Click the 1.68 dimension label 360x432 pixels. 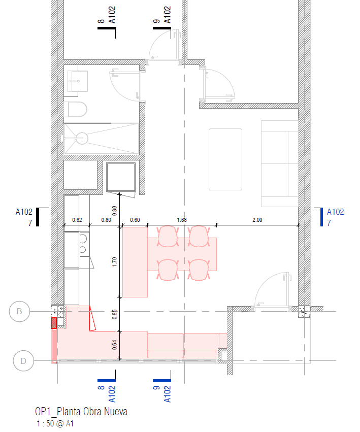[x=182, y=220]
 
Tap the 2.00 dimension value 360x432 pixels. [x=257, y=220]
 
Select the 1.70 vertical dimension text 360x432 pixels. [x=114, y=262]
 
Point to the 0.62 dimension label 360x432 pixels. [x=77, y=220]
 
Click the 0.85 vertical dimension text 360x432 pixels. [x=114, y=314]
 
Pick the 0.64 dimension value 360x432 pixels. [x=114, y=345]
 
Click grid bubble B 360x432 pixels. [x=19, y=311]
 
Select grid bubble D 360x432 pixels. [x=23, y=360]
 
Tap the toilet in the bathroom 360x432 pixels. [x=76, y=109]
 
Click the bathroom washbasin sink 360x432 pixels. [x=78, y=81]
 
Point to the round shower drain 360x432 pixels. [x=82, y=138]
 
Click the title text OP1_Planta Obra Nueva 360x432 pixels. [x=81, y=412]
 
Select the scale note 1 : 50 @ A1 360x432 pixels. [x=55, y=423]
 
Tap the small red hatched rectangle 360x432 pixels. [x=54, y=323]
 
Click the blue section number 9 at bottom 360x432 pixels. [x=156, y=388]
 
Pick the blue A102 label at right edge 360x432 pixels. [x=336, y=212]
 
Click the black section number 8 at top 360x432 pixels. [x=101, y=21]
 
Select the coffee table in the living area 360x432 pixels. [x=225, y=159]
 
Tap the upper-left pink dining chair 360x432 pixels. [x=168, y=237]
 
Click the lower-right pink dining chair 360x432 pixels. [x=199, y=270]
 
